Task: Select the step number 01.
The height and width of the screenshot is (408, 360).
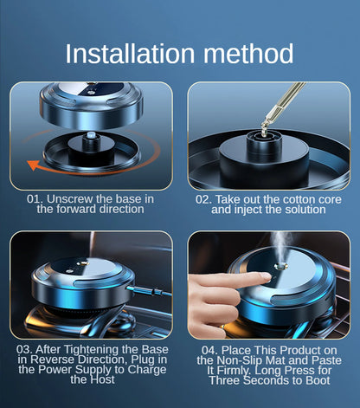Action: point(35,198)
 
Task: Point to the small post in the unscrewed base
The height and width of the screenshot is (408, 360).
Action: point(89,137)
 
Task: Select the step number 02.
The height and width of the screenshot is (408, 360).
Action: point(203,198)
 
